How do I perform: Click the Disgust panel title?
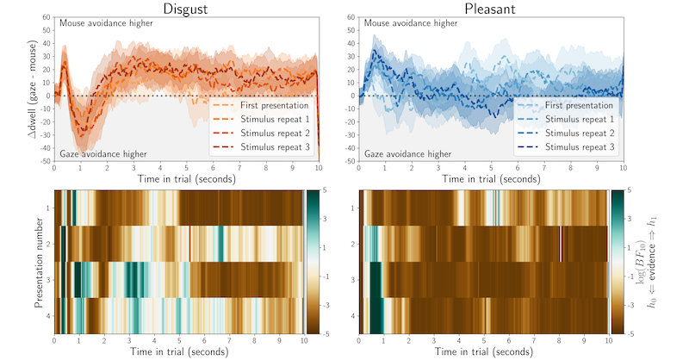185,9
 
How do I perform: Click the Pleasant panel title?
490,9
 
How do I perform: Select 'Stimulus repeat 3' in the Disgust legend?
275,146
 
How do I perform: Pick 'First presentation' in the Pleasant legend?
579,105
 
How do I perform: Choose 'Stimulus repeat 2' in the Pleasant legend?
580,133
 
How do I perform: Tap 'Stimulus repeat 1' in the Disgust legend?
275,119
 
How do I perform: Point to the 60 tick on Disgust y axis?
47,17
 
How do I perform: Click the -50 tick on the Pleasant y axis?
350,161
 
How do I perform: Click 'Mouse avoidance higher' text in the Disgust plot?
106,23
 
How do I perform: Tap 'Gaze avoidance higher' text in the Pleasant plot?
407,154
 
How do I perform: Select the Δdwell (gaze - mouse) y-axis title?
33,89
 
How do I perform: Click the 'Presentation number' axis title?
38,262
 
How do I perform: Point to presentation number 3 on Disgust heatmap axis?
48,280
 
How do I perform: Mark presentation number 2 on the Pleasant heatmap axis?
353,244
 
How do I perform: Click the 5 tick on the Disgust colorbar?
325,189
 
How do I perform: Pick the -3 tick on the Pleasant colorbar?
630,305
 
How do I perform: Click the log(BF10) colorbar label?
641,262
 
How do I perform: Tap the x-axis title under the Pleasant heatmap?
484,351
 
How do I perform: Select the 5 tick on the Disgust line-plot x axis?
187,167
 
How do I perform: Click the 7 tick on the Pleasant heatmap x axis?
534,340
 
